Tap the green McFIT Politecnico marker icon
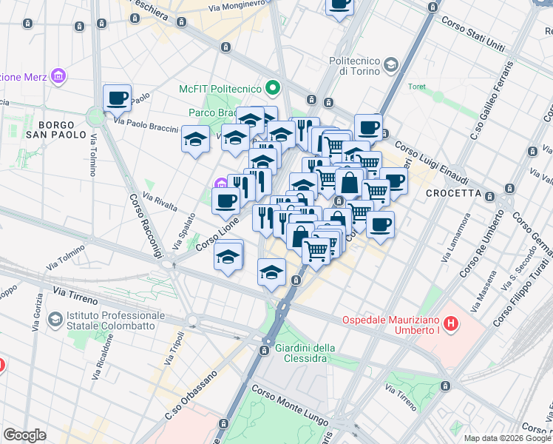(273, 89)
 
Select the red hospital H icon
(452, 324)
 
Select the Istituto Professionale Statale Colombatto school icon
(54, 319)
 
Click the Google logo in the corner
(24, 435)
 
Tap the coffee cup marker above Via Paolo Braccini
(118, 98)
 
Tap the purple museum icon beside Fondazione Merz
(58, 76)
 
